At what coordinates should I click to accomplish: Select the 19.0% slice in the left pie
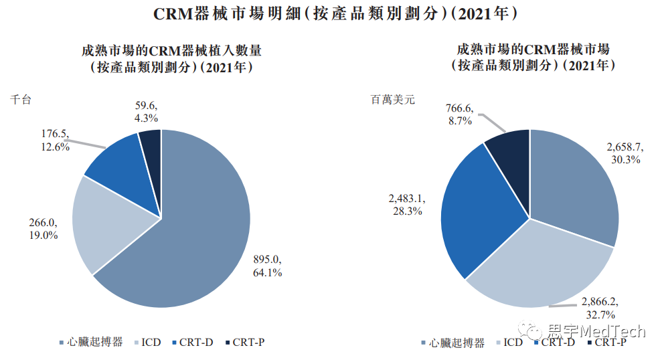pyautogui.click(x=110, y=221)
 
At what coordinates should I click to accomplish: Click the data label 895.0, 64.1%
pyautogui.click(x=267, y=266)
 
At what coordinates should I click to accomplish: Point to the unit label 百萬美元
pyautogui.click(x=394, y=100)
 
